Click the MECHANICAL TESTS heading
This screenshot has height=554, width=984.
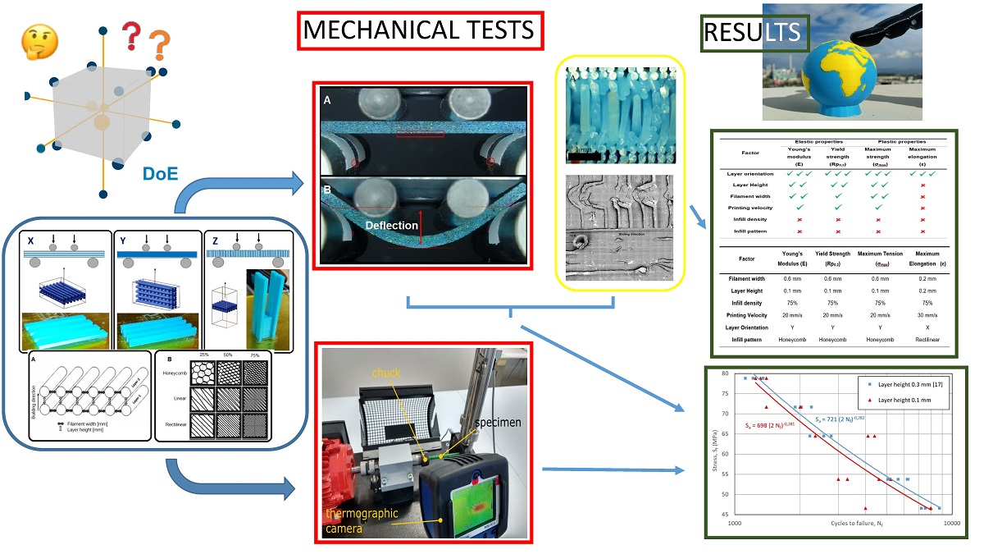pos(418,30)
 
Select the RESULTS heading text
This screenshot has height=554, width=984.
pos(754,34)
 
